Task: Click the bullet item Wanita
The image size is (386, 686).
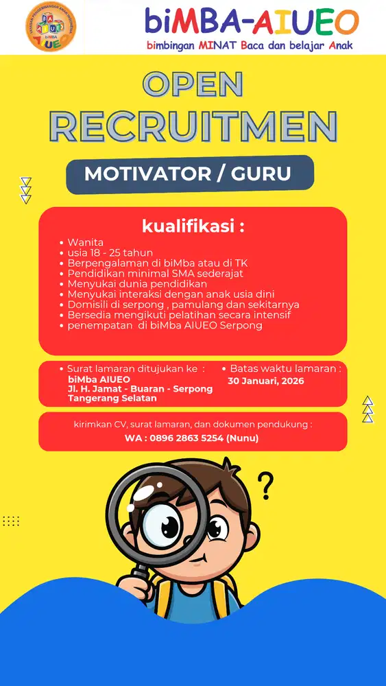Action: click(x=86, y=243)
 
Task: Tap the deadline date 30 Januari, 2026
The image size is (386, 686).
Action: click(x=265, y=380)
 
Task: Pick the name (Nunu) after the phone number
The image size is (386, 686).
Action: click(x=243, y=438)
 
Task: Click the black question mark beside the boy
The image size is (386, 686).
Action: click(x=265, y=485)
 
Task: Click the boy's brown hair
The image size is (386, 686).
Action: click(x=206, y=490)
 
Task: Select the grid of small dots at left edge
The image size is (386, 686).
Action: click(x=11, y=521)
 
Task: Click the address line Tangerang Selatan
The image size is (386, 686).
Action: click(x=112, y=398)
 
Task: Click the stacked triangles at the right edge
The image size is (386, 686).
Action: click(x=368, y=409)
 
